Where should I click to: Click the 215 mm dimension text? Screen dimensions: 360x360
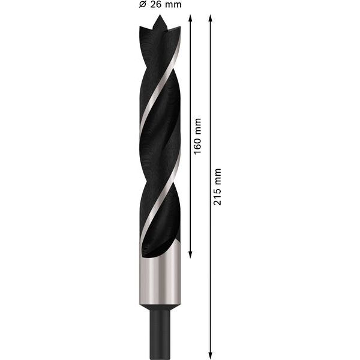pyautogui.click(x=218, y=187)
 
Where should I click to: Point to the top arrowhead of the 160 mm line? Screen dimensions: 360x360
pyautogui.click(x=190, y=18)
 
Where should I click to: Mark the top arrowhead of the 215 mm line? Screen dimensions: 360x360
pyautogui.click(x=210, y=18)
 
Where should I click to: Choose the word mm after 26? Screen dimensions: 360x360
pyautogui.click(x=173, y=5)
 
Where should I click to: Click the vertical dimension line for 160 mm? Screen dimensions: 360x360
pyautogui.click(x=190, y=192)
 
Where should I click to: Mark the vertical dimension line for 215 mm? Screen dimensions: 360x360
pyautogui.click(x=210, y=270)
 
